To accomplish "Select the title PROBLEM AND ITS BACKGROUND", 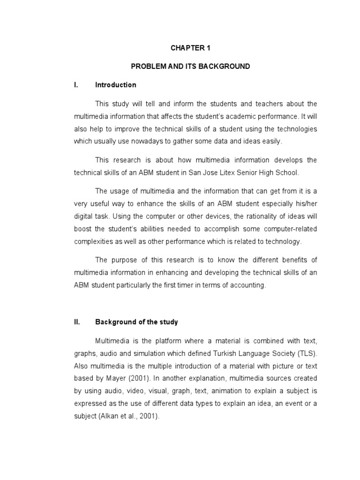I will pos(190,67).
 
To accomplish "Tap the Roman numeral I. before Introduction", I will pos(75,85).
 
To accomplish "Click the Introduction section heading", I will pos(116,85).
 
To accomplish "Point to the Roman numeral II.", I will pos(77,322).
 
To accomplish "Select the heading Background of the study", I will pos(136,322).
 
